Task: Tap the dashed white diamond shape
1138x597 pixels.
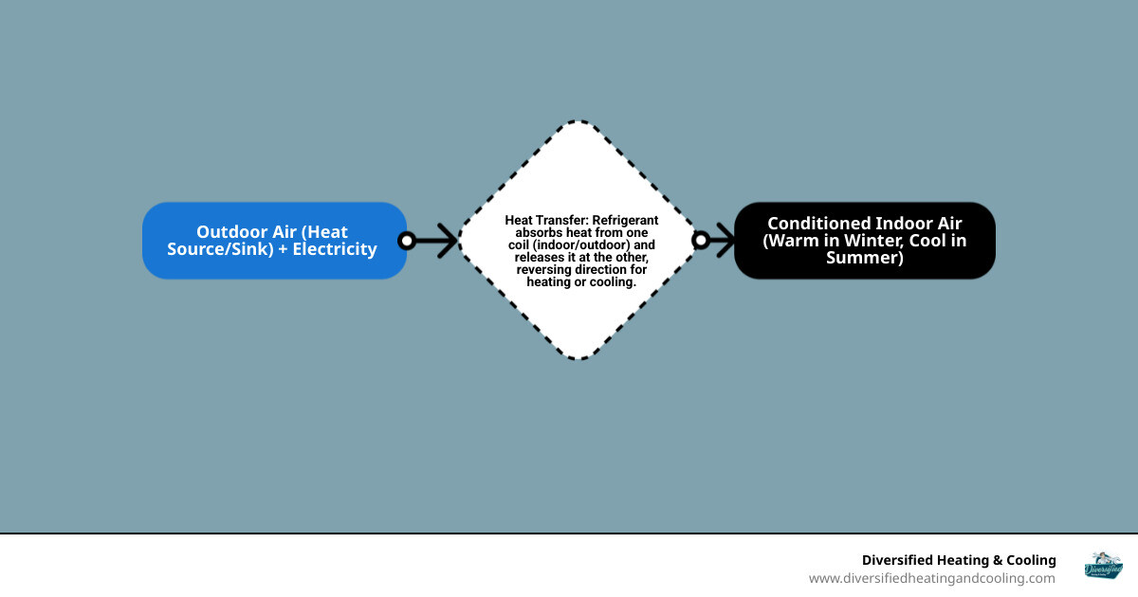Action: pos(578,313)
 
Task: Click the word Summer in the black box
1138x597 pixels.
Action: pos(865,258)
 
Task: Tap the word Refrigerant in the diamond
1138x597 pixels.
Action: pos(625,220)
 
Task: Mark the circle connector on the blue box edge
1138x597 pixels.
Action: pos(407,241)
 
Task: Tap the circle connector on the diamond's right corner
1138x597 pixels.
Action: pos(701,241)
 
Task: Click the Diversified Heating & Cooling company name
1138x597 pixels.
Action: pos(958,560)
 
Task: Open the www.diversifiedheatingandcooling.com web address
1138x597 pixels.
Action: pos(931,578)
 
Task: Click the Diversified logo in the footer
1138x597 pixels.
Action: pos(1103,566)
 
